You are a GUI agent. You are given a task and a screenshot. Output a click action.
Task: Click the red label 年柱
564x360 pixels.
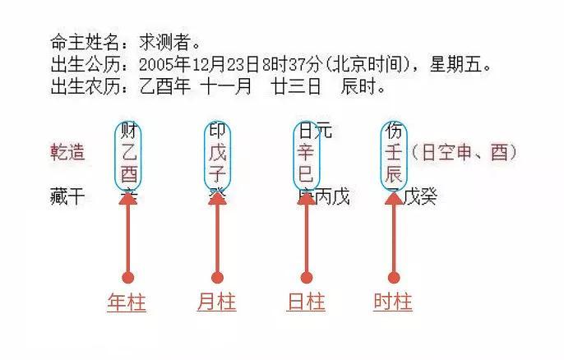(127, 302)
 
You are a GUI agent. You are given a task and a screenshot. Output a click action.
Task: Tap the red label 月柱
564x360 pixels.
(216, 302)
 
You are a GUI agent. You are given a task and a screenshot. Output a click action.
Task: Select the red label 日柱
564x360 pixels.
(305, 302)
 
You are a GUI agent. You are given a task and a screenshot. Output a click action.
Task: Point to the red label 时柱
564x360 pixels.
(393, 302)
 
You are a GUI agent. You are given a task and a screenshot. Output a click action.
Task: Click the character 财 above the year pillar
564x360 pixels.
(128, 131)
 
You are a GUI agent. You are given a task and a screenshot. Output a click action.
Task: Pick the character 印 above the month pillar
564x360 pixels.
(217, 131)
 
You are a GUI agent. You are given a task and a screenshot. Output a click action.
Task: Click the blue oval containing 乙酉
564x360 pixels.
(128, 155)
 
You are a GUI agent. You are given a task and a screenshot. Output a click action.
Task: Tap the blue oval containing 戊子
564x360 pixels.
(217, 155)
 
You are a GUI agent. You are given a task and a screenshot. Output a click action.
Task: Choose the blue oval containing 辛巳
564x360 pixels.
(306, 155)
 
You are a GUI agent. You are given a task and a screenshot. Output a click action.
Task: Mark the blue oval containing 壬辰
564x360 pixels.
(393, 155)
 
